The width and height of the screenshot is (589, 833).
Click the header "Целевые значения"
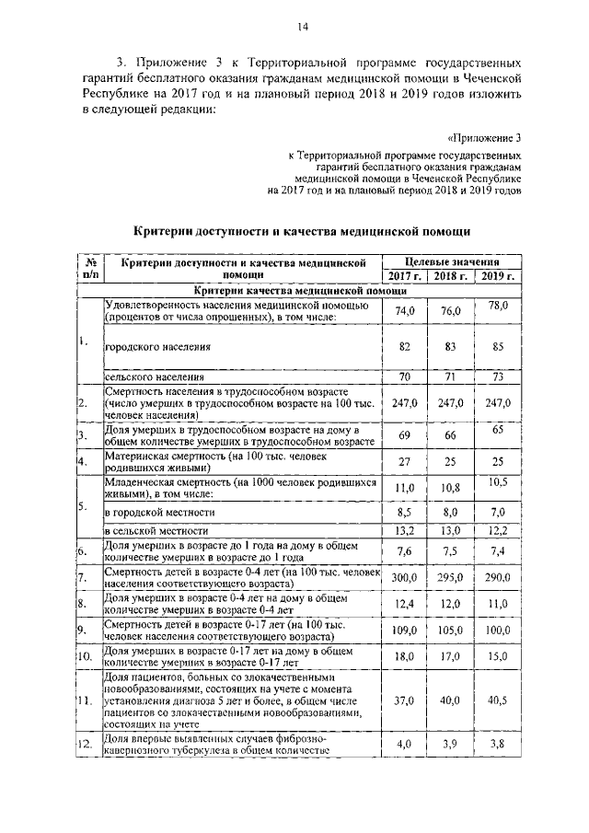point(452,262)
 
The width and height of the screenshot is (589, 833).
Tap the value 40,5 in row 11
point(498,700)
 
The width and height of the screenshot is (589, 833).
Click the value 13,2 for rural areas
point(405,531)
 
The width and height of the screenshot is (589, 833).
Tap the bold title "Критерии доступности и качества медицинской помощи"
point(303,230)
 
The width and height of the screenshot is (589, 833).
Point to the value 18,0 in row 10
point(406,656)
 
